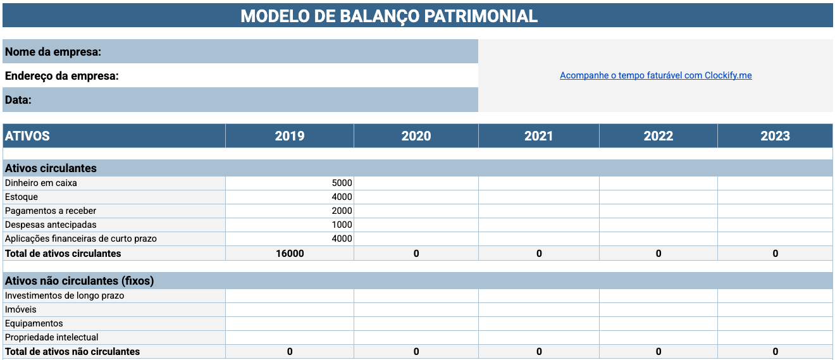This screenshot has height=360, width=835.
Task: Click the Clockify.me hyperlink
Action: click(655, 75)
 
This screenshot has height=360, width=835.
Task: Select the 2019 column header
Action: click(290, 136)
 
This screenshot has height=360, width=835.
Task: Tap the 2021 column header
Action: click(538, 136)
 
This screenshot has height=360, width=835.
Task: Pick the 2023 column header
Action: click(775, 136)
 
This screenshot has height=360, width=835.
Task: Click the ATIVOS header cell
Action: click(27, 136)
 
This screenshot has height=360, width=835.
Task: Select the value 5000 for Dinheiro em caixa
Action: click(342, 183)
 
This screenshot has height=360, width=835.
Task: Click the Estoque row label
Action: click(21, 197)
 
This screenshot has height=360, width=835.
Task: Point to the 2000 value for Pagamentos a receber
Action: click(342, 211)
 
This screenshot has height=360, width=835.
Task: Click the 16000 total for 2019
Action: click(290, 254)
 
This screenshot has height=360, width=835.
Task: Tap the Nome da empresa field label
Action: click(53, 52)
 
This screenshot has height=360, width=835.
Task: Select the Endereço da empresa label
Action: click(62, 76)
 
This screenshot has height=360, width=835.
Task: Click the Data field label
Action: click(18, 100)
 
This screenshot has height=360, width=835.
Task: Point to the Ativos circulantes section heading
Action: click(51, 168)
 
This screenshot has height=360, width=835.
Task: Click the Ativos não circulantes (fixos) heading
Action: click(80, 281)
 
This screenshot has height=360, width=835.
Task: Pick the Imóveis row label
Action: click(21, 309)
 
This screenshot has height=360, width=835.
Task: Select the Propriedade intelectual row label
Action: click(51, 337)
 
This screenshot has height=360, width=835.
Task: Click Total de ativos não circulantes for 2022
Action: click(659, 352)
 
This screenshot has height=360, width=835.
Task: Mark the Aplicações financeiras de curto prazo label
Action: click(80, 239)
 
